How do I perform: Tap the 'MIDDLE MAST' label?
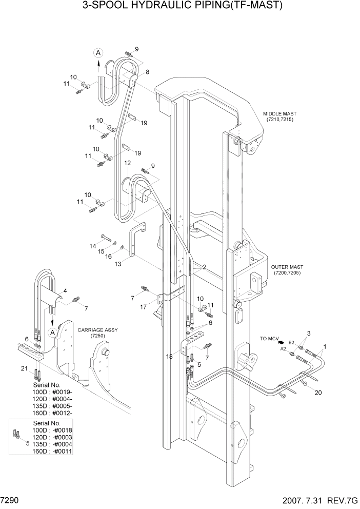coord(279,114)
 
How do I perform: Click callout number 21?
coord(24,368)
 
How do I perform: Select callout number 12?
coord(126,163)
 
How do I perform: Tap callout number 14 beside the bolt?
coord(92,246)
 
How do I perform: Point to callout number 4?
coord(65,291)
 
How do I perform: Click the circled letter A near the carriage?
coord(52,332)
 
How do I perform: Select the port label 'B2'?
coord(291,342)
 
